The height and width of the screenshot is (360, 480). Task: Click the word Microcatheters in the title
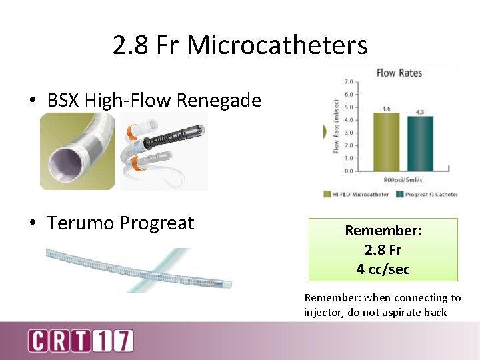coord(277,45)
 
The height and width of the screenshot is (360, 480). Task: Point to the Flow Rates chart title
coord(399,73)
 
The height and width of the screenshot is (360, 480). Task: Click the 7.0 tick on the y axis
coord(347,81)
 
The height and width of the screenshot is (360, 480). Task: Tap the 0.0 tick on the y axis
coord(347,171)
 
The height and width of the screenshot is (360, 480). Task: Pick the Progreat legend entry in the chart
coord(427,195)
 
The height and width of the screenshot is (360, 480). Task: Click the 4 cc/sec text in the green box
coord(383,269)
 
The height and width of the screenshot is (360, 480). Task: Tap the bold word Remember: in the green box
coord(383,231)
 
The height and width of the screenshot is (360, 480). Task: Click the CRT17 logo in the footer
coord(80,340)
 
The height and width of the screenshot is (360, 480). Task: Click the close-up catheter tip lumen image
coord(77,151)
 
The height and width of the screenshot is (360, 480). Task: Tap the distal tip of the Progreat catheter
coord(227,283)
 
